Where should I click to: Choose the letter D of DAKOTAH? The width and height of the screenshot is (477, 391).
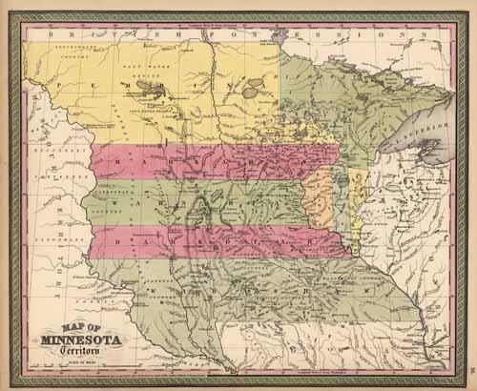tap(118, 243)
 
